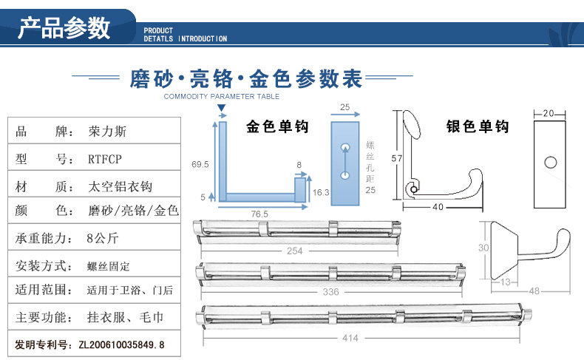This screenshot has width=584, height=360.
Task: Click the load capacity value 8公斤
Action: (x=102, y=239)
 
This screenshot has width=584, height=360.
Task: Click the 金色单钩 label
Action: (x=277, y=127)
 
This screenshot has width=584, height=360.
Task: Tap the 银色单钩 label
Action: (x=478, y=127)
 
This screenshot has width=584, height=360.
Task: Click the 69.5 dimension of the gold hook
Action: (x=200, y=163)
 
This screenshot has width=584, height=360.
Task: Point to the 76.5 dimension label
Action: (x=259, y=213)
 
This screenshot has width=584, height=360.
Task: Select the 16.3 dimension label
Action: (x=321, y=191)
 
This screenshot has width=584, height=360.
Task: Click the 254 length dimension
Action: (x=294, y=251)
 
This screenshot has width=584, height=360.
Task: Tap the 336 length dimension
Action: (x=330, y=291)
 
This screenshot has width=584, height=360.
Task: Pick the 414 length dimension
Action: (x=350, y=338)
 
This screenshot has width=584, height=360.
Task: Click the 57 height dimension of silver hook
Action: (x=397, y=158)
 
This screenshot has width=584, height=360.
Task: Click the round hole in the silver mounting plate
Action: (x=549, y=161)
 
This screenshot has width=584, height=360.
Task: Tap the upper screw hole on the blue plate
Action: (x=344, y=149)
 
